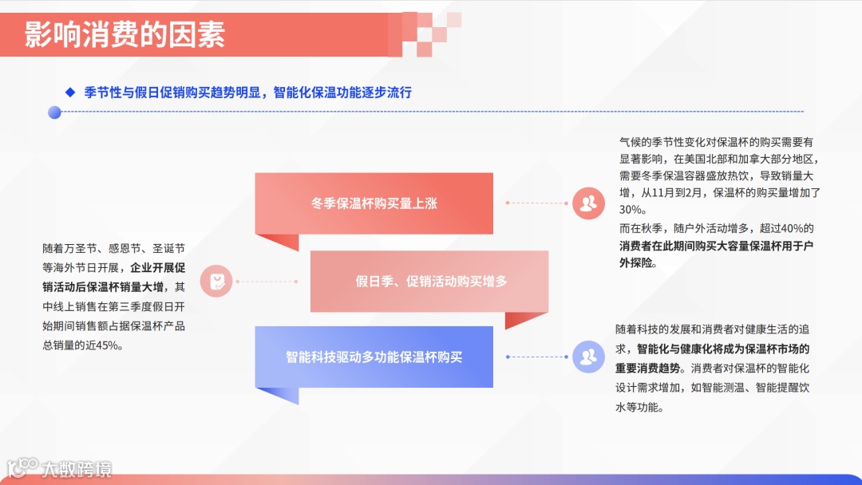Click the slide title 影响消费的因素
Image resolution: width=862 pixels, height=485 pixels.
pos(125,34)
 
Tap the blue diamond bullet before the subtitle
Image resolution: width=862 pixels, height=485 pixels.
pos(69,92)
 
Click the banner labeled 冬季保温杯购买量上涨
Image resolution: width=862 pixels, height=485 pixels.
pos(374,203)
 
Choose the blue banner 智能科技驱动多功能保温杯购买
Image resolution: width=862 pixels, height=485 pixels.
pos(374,357)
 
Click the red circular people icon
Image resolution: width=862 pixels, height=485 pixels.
pos(589,203)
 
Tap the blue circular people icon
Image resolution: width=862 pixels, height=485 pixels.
pos(589,357)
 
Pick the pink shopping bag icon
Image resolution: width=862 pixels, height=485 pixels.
pos(216,281)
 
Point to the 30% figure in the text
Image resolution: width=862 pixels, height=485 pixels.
pos(632,210)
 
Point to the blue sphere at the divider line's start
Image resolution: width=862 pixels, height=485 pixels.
pos(54,112)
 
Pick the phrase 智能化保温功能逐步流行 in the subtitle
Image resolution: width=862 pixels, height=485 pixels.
pos(342,92)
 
